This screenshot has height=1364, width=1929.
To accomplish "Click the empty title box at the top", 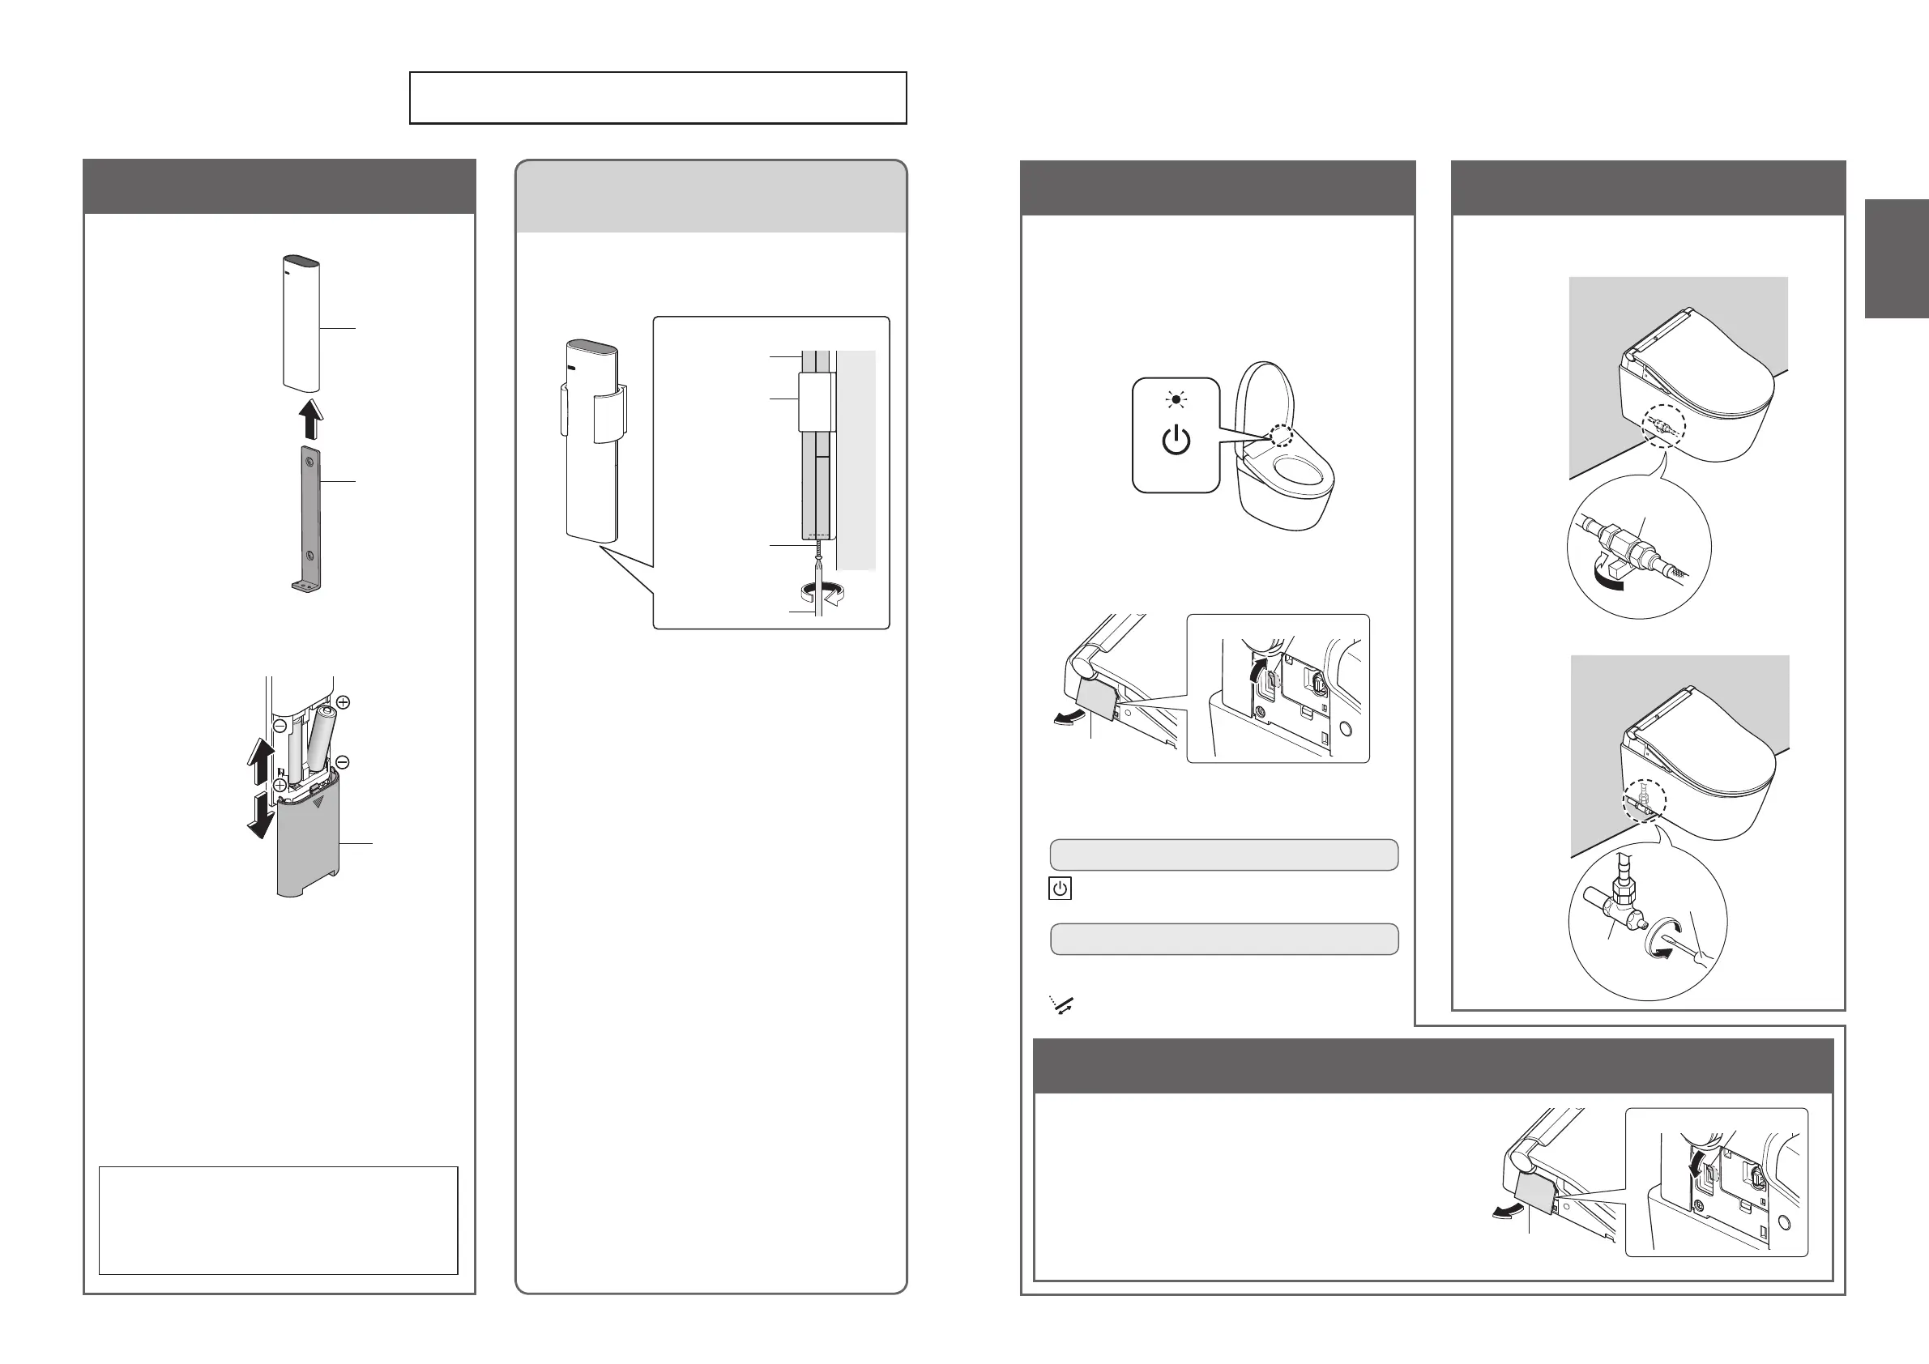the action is (x=658, y=98).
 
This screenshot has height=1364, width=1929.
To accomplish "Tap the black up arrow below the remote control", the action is (x=310, y=418).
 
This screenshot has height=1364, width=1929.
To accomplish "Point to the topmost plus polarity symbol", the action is (x=343, y=701).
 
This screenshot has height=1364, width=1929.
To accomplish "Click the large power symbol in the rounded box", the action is (x=1176, y=441).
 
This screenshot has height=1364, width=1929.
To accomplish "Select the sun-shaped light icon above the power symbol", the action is (x=1176, y=400).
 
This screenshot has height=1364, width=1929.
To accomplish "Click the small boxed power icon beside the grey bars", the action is (x=1061, y=889).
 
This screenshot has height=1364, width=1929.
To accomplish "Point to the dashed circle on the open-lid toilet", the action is (x=1280, y=435).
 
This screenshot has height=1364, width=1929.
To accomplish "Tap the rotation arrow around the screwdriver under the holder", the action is (x=818, y=591).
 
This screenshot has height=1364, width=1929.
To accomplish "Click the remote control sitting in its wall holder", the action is (x=592, y=441).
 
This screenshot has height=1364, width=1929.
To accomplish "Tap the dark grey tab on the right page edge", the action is (x=1897, y=258).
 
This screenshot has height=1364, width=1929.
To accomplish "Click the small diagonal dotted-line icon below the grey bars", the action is (x=1062, y=1004).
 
